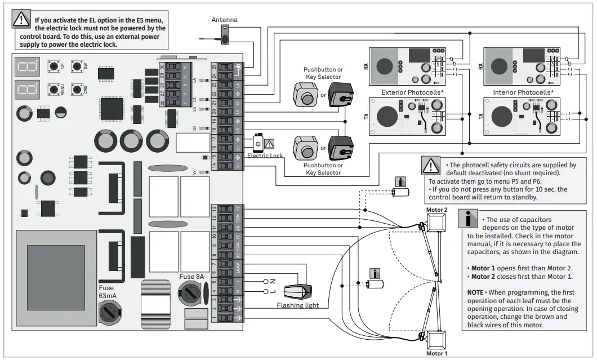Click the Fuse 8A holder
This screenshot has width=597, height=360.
click(x=189, y=292)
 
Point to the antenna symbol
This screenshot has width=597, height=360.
click(x=225, y=37)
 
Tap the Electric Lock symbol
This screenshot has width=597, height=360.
click(x=259, y=144)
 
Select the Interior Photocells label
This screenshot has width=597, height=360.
click(x=523, y=92)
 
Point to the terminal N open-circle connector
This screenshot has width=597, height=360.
click(x=266, y=281)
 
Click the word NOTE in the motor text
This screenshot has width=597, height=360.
click(x=475, y=293)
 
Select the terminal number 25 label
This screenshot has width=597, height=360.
click(x=214, y=66)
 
